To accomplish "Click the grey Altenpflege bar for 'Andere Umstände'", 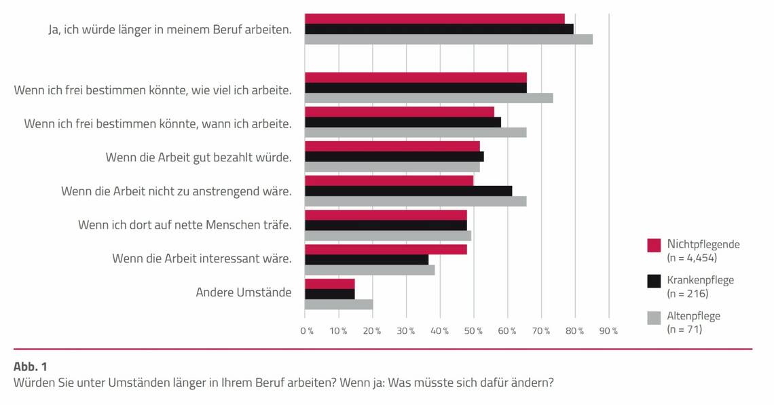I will (339, 305).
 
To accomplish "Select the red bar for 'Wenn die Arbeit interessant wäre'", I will (386, 249).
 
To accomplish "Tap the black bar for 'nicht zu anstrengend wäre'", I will (408, 191).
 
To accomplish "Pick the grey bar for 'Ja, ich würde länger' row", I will (448, 39).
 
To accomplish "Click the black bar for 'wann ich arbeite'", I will (403, 122).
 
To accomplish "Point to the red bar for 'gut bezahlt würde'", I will (392, 146).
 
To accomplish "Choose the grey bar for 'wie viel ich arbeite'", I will (428, 98).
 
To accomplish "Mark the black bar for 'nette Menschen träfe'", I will (386, 225).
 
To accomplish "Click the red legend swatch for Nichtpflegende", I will (654, 245).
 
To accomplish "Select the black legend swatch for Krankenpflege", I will (654, 281).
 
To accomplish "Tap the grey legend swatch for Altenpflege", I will (654, 317).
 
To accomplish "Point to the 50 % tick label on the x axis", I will (474, 330).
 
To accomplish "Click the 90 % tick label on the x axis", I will (609, 330).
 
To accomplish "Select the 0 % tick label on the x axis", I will (307, 330).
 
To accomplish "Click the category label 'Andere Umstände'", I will (244, 293).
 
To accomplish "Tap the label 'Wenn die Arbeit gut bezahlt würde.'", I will (198, 157).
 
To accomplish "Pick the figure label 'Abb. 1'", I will (31, 366).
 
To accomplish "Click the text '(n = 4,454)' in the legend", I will (692, 258).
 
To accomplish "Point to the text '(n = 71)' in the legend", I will (684, 330).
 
